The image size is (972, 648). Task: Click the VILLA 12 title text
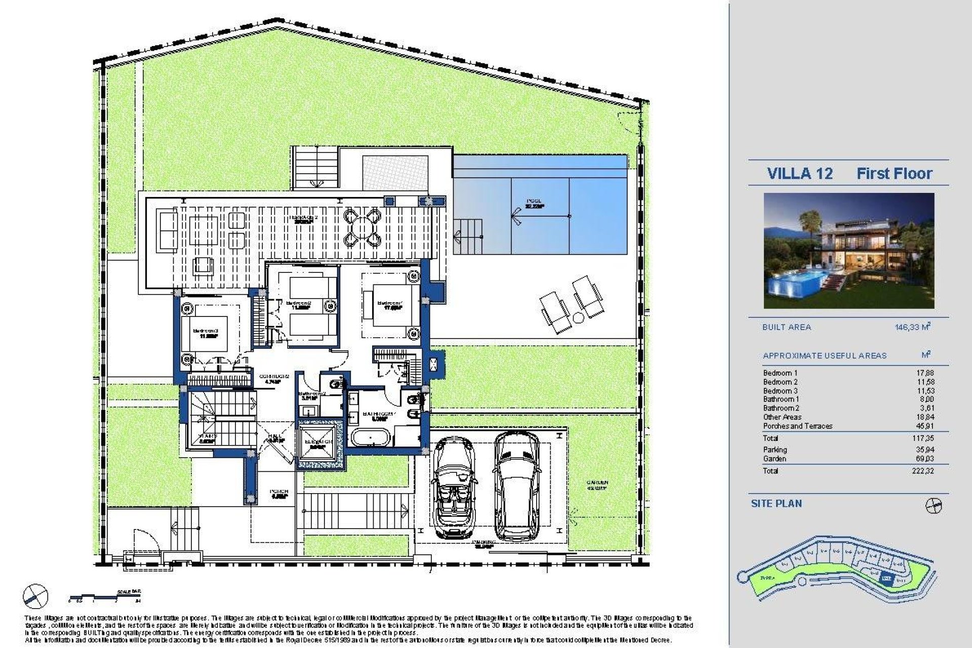point(799,174)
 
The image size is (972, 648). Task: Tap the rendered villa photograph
point(848,251)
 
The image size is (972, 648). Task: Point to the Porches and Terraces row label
point(797,426)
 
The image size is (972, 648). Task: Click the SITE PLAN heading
point(776,504)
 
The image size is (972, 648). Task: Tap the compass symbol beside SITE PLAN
point(933,506)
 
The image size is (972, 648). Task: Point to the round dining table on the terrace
point(362,227)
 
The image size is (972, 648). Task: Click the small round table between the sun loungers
point(578,317)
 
